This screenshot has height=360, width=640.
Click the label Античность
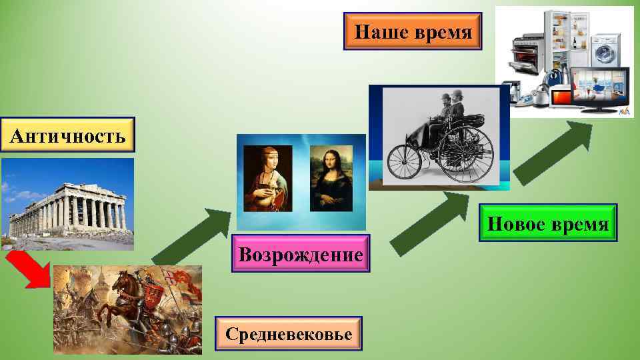68,136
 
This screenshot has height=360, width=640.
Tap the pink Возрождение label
301,254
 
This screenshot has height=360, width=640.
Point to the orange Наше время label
413,31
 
